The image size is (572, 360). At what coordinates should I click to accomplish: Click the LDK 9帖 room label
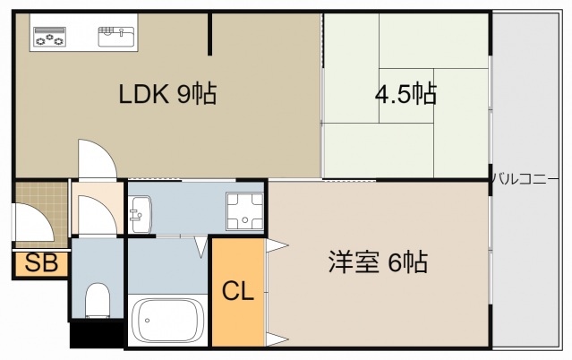click(x=168, y=94)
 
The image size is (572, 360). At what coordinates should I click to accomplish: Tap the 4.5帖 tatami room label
click(x=406, y=92)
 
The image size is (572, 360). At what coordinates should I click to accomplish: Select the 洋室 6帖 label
click(x=377, y=262)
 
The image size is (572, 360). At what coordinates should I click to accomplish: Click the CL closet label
click(x=238, y=290)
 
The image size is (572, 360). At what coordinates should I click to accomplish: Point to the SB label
click(x=38, y=263)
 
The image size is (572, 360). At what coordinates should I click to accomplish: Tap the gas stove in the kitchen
click(x=50, y=38)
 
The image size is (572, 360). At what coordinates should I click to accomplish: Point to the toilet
click(x=96, y=299)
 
